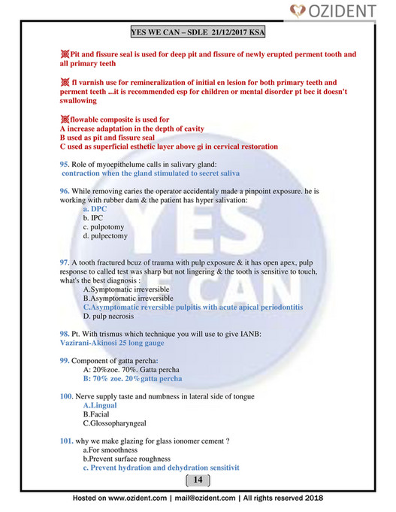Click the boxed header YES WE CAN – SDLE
point(198,33)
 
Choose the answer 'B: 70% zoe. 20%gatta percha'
point(132,378)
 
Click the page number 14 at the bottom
point(198,480)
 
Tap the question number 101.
point(67,441)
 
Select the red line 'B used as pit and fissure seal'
point(107,138)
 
